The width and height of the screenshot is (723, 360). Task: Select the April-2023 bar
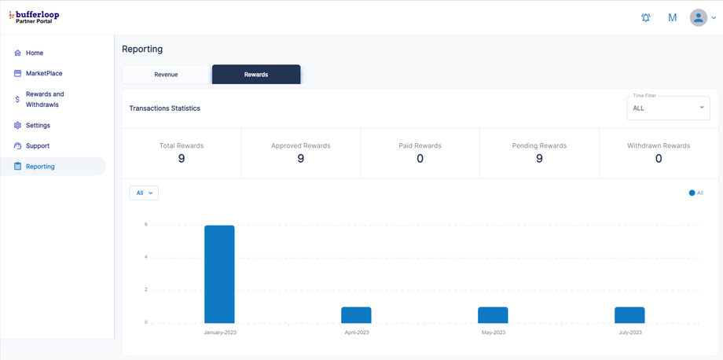point(356,314)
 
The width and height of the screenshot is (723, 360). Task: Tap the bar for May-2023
point(493,314)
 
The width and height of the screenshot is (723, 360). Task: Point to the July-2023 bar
point(629,314)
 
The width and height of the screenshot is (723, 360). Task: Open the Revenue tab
point(166,75)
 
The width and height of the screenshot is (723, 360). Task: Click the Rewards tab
point(256,75)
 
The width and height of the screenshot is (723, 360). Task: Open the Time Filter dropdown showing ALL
point(668,108)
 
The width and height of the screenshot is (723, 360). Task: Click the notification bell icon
point(646,17)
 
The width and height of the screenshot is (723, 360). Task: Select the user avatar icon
point(698,17)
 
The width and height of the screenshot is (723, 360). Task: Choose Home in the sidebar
point(35,53)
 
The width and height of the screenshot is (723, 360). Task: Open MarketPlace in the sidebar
point(44,74)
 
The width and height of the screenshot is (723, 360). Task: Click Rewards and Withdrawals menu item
point(45,99)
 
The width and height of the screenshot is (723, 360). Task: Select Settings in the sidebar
point(38,126)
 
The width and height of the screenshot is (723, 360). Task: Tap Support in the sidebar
point(38,146)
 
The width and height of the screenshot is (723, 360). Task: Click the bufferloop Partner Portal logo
point(35,17)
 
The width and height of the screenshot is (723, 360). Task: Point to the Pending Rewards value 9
point(539,159)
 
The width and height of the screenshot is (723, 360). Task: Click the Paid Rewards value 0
point(420,159)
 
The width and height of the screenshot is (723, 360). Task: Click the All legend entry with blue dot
point(696,193)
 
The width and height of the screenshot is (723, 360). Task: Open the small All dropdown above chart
point(144,193)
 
